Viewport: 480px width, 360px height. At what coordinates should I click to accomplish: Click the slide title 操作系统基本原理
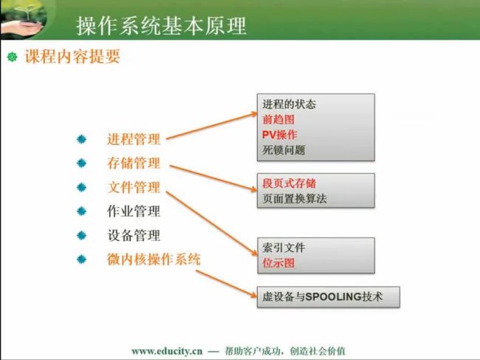pos(161,25)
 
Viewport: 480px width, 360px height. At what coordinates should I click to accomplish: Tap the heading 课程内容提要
pos(72,56)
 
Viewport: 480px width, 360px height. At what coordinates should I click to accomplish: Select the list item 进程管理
pos(134,139)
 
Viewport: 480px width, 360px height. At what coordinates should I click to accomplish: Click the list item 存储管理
pos(134,163)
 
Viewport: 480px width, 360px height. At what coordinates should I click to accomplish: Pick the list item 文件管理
pos(134,187)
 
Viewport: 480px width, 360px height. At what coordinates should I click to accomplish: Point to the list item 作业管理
pos(134,211)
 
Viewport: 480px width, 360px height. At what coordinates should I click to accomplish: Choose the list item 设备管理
pos(134,235)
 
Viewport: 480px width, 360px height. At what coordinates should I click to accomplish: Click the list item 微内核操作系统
pos(154,259)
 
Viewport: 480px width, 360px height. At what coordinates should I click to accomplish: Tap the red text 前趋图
pos(278,120)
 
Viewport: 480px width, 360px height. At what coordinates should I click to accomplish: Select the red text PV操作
pos(279,135)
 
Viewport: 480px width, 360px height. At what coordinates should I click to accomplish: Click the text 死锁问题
pos(284,150)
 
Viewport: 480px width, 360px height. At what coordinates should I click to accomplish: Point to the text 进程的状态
pos(289,104)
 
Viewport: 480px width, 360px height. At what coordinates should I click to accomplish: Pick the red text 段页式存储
pos(289,183)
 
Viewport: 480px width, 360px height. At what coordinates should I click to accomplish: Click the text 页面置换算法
pos(294,199)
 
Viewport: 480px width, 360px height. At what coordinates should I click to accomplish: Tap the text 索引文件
pos(284,248)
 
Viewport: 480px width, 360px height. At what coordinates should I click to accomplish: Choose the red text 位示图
pos(278,263)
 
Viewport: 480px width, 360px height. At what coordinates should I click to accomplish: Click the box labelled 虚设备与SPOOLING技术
pos(328,297)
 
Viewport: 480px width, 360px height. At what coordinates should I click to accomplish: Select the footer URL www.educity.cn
pos(167,351)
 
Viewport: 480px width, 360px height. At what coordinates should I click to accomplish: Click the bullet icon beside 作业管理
pos(81,211)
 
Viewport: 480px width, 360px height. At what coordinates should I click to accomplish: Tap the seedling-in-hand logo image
pos(24,19)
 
